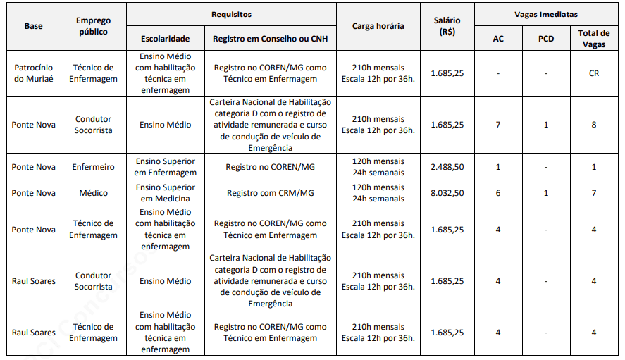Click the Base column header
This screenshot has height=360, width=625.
(x=34, y=26)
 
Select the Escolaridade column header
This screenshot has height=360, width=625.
(x=165, y=39)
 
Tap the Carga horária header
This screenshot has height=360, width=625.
(x=378, y=26)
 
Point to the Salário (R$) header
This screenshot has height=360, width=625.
(x=447, y=26)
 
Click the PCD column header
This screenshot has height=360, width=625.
(x=545, y=39)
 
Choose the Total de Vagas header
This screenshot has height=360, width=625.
(x=594, y=39)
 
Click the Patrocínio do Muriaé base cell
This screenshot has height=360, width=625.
(x=34, y=73)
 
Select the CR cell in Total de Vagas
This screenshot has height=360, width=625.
(x=594, y=73)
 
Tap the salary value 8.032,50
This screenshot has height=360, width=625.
(x=447, y=193)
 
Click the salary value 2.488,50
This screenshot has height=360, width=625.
(x=447, y=167)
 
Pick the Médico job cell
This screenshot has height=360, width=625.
(x=93, y=193)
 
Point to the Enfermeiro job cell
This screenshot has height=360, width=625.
(x=93, y=167)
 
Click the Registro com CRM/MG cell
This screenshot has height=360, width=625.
(x=271, y=193)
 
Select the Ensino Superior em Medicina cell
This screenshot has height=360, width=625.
(x=165, y=193)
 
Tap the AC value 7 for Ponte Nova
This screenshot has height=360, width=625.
(x=498, y=125)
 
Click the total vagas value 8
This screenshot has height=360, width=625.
(x=594, y=125)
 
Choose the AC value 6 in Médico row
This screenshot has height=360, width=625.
(x=498, y=193)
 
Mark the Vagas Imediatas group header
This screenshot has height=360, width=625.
(x=545, y=14)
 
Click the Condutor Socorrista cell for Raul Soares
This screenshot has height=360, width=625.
(x=93, y=281)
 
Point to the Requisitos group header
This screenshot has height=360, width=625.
(x=231, y=14)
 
